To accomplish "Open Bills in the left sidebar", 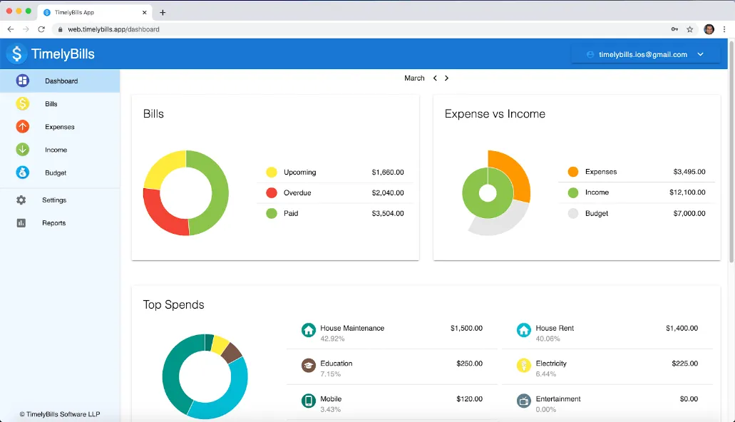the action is point(51,104).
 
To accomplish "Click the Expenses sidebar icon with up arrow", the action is point(23,127).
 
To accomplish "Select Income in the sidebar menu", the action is point(56,150).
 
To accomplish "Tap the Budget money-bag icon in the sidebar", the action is point(23,173).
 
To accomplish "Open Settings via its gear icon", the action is point(21,200).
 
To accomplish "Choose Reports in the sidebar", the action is point(54,223).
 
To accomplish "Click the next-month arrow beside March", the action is point(447,78).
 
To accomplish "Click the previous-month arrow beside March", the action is point(435,78).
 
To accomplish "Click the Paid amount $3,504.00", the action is point(388,213).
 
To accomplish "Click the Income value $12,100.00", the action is point(687,192).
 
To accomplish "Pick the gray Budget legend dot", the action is point(572,213).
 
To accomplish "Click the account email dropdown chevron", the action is point(700,54).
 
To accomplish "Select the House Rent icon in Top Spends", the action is point(523,330).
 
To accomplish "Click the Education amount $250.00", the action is point(469,364).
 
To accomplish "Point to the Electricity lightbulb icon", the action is point(523,365).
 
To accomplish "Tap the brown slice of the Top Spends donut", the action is point(232,353).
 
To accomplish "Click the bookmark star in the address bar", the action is point(690,29).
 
